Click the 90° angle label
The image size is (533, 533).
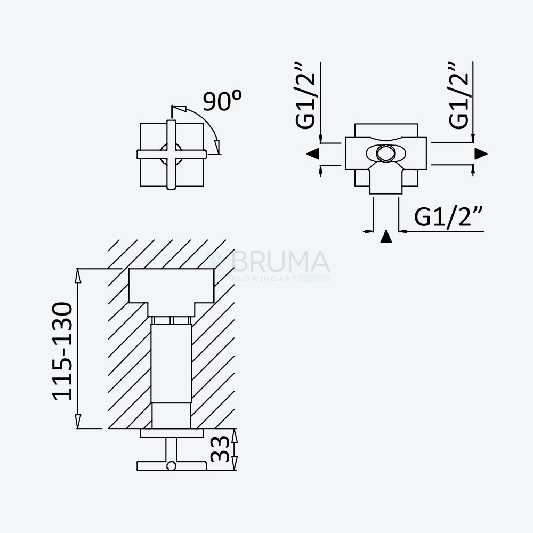(x=222, y=101)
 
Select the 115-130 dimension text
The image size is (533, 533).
(x=62, y=351)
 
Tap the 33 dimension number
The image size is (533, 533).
(x=220, y=449)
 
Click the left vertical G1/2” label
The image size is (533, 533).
(x=305, y=95)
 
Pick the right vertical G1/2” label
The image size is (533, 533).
(x=458, y=95)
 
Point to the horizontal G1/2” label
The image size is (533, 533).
(x=448, y=216)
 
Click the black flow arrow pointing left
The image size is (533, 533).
(x=313, y=154)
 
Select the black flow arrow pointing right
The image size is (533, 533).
(x=481, y=154)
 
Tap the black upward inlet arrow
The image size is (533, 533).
(x=386, y=236)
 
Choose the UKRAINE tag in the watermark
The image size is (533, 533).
(x=314, y=279)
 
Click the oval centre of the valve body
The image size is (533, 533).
(x=386, y=154)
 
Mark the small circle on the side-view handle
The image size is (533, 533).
(x=171, y=466)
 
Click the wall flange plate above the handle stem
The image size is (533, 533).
(x=172, y=433)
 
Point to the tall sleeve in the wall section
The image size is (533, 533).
(x=171, y=364)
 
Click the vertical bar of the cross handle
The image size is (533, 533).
(x=171, y=155)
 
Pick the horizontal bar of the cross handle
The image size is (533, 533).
(x=172, y=155)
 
